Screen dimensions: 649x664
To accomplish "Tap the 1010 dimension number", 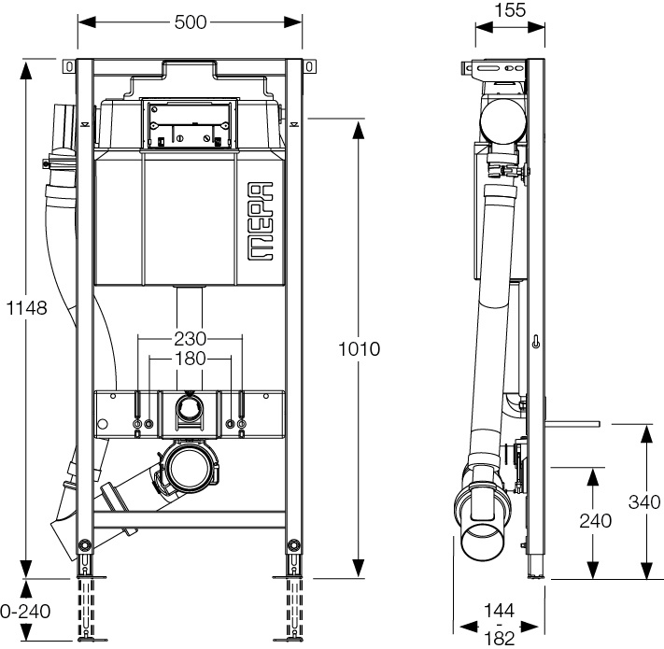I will tap(360, 349).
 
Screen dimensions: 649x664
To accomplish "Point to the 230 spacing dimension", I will tap(190, 338).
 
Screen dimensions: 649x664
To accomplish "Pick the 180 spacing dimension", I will tap(190, 358).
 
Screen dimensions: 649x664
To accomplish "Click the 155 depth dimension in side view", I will tap(510, 10).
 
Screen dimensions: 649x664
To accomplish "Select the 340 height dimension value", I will tap(644, 501).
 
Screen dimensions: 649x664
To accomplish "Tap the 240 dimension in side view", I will tap(595, 521).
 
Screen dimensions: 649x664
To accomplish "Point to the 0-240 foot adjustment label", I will tap(25, 613).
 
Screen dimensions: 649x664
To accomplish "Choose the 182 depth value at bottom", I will tap(501, 637).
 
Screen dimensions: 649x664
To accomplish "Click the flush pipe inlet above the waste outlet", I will tap(190, 408).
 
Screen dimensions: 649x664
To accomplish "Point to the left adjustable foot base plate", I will tap(85, 640).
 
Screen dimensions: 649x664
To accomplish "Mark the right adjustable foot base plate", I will tap(295, 640).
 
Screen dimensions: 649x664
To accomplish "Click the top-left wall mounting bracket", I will tap(68, 67).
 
